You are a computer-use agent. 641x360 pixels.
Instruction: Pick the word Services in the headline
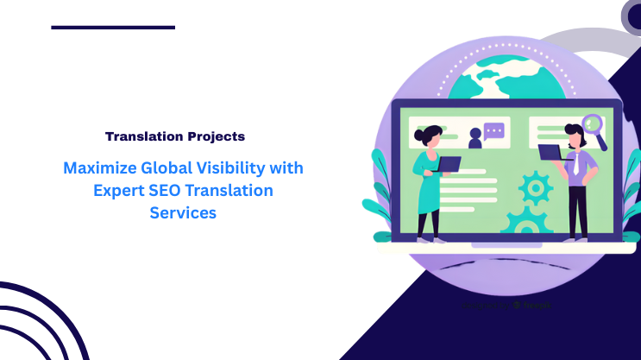click(183, 212)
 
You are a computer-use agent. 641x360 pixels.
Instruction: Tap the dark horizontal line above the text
click(113, 28)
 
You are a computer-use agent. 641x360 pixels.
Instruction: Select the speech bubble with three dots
click(493, 132)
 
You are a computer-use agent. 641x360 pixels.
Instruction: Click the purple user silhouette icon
click(474, 137)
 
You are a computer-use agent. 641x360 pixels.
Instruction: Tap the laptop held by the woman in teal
click(449, 163)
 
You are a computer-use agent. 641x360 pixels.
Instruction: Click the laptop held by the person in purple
click(550, 153)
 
